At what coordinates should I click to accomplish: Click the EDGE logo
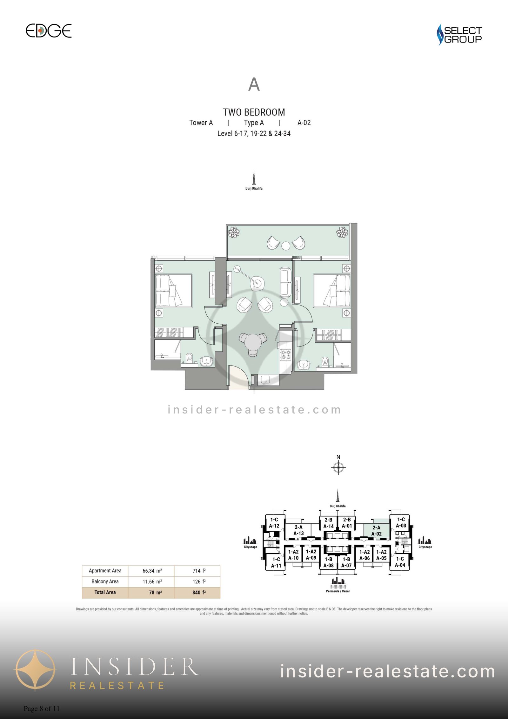tap(49, 31)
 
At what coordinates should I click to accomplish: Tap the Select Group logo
tap(459, 35)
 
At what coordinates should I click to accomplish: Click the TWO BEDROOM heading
tap(254, 112)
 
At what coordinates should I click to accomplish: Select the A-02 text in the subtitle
tap(304, 123)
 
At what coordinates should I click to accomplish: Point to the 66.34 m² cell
tap(152, 571)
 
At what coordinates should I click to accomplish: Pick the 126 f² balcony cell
tap(199, 581)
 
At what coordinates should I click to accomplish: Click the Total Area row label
tap(105, 592)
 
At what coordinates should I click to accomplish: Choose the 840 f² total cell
tap(199, 592)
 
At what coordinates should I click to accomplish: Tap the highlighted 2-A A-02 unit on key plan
tap(377, 531)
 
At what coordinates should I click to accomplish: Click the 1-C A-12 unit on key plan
tap(274, 523)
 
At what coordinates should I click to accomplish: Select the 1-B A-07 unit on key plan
tap(346, 562)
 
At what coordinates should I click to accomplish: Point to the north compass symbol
tap(338, 467)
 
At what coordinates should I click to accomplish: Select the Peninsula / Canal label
tap(338, 591)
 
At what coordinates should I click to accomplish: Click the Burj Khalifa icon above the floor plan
tap(254, 178)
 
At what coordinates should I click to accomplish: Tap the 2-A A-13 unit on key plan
tap(298, 530)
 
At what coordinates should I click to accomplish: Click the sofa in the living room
tap(285, 282)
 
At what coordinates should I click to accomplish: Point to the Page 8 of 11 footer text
tap(42, 709)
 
